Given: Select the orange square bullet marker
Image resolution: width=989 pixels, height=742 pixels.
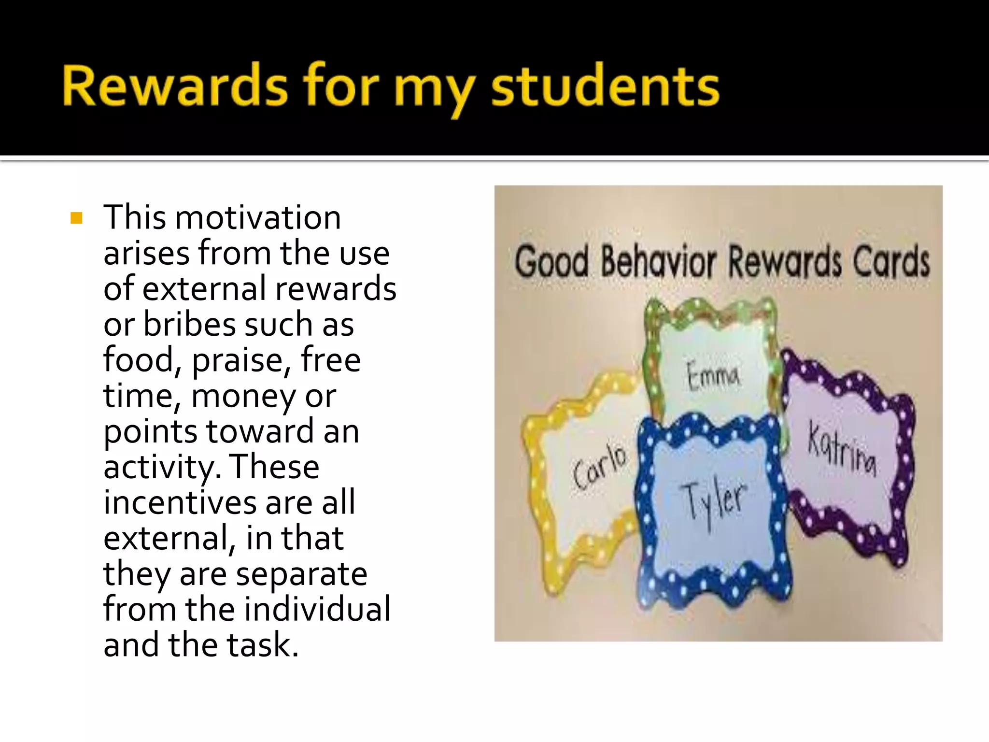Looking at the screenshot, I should point(76,218).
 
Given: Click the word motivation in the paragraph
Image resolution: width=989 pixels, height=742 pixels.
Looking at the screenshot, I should point(257,218).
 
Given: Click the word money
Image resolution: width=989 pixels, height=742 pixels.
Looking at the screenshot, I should point(243,396).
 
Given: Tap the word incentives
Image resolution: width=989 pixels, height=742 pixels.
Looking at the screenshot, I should point(180,502).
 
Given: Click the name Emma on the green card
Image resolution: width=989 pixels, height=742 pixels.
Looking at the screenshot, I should point(713,375).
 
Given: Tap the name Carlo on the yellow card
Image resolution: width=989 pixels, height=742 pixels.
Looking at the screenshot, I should point(599,466).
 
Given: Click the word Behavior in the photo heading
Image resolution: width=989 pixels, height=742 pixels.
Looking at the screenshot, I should point(658,262).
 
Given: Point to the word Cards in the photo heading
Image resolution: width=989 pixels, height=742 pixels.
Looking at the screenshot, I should point(891,262).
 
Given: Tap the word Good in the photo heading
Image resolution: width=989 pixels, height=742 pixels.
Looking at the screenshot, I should point(551,262).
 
